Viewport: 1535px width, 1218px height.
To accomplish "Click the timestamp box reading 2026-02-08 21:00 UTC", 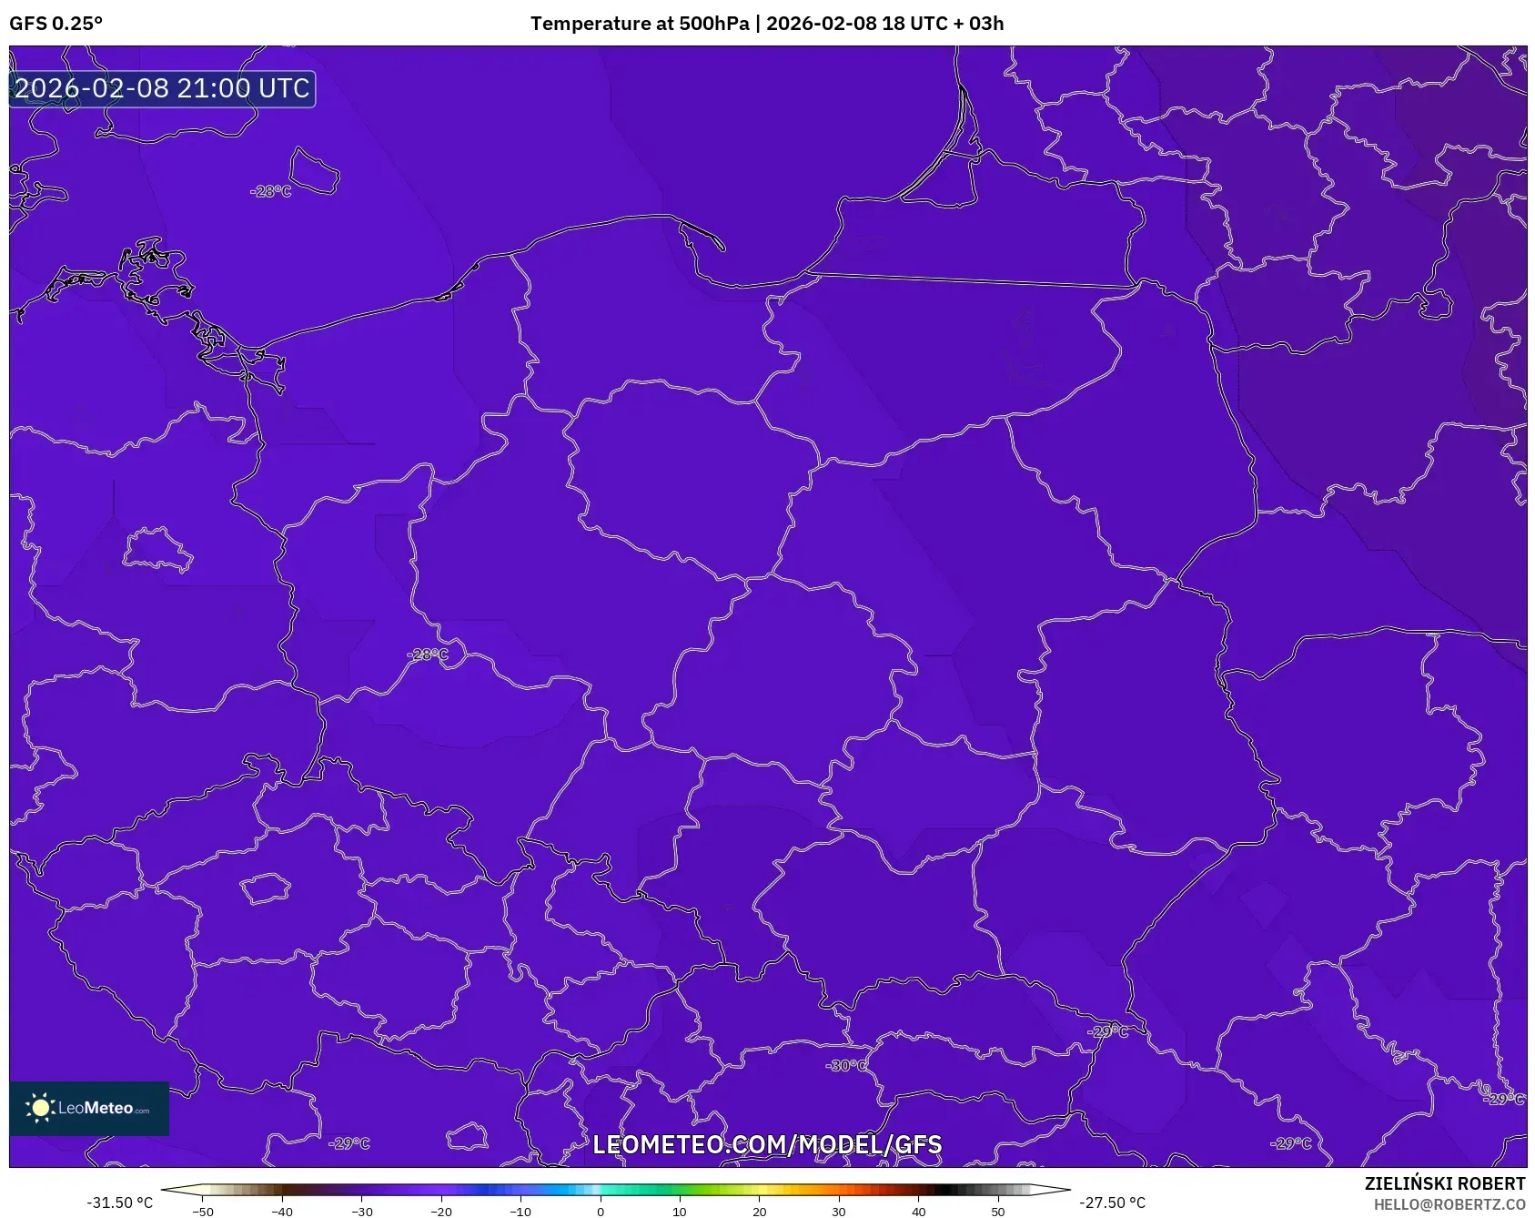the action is click(x=162, y=88).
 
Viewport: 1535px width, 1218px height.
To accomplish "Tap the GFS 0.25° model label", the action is click(x=56, y=24).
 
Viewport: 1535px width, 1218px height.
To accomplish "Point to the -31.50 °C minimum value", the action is click(x=120, y=1203).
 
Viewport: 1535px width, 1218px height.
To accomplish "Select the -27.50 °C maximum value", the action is click(x=1113, y=1203).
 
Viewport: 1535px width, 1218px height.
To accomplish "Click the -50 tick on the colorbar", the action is click(x=203, y=1212).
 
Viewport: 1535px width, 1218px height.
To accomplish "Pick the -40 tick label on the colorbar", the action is click(x=282, y=1212).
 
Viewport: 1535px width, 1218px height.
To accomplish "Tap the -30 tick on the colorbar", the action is click(x=362, y=1212).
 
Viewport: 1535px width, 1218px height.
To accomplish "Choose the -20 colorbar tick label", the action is click(x=441, y=1212).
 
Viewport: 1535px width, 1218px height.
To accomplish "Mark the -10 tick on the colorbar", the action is click(x=520, y=1212).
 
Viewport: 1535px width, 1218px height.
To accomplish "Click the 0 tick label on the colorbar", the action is click(x=601, y=1212).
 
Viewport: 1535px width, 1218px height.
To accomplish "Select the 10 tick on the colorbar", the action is click(x=680, y=1212).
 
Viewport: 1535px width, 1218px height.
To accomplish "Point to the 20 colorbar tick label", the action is click(x=759, y=1212).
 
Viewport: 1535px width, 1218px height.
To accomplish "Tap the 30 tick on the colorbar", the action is click(x=839, y=1212).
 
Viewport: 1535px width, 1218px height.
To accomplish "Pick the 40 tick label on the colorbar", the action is click(x=918, y=1212).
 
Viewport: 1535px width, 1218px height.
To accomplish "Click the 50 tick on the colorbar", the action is click(x=998, y=1212).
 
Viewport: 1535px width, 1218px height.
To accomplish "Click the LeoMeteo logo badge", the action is click(x=89, y=1108).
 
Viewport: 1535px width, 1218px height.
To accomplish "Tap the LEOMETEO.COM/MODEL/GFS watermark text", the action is click(x=767, y=1145).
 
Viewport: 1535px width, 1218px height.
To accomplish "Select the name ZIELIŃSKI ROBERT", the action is click(x=1444, y=1183).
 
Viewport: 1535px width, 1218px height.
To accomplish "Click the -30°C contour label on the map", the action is click(x=846, y=1065).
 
